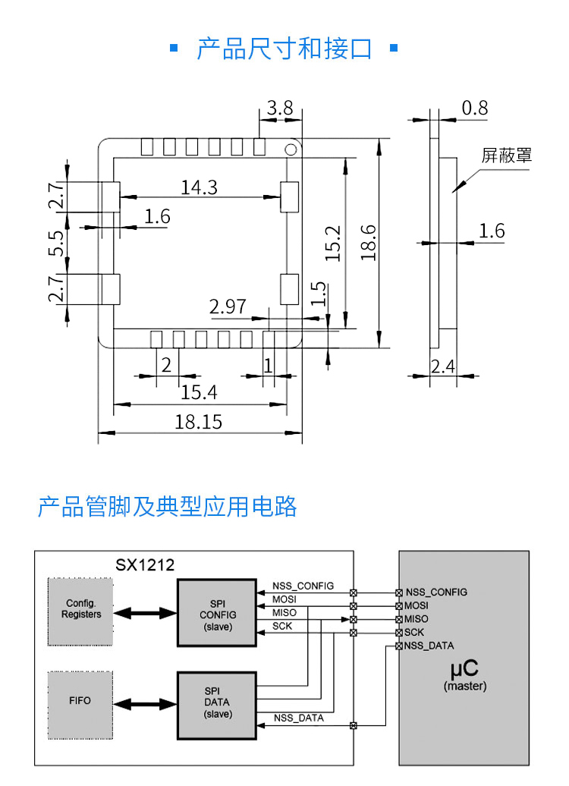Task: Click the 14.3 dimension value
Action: [x=199, y=187]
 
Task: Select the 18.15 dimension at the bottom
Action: [x=199, y=422]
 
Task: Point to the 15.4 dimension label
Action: [x=199, y=392]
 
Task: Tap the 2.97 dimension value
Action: [x=228, y=307]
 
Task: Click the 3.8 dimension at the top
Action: [x=280, y=108]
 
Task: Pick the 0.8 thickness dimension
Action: [x=475, y=108]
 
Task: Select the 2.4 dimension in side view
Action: [x=442, y=367]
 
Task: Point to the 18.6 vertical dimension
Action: [x=369, y=243]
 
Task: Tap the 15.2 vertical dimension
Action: [x=334, y=244]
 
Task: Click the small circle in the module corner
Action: [x=291, y=149]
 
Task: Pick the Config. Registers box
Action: [x=80, y=612]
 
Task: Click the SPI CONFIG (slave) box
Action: [x=218, y=613]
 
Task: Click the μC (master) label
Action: [x=464, y=674]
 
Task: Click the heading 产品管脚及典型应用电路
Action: [x=167, y=506]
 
